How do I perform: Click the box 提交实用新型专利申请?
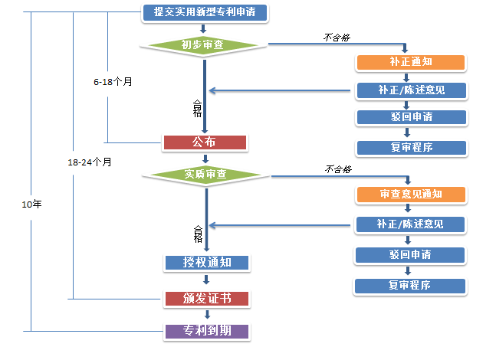pyautogui.click(x=205, y=12)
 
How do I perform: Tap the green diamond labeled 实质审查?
pyautogui.click(x=205, y=175)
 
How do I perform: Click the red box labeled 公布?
pyautogui.click(x=204, y=142)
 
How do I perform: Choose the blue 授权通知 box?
pyautogui.click(x=207, y=263)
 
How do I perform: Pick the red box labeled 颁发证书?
pyautogui.click(x=207, y=298)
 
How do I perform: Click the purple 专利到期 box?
pyautogui.click(x=207, y=332)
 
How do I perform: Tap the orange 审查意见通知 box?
pyautogui.click(x=410, y=194)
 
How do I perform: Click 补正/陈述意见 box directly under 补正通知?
pyautogui.click(x=410, y=90)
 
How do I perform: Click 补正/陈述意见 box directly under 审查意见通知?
pyautogui.click(x=410, y=224)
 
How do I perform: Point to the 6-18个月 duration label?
pyautogui.click(x=113, y=80)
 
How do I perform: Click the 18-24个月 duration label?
pyautogui.click(x=90, y=162)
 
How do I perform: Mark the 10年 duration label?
pyautogui.click(x=32, y=205)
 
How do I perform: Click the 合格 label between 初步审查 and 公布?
pyautogui.click(x=197, y=107)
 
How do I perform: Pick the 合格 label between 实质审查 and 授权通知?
pyautogui.click(x=198, y=233)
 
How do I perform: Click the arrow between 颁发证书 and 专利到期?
pyautogui.click(x=206, y=315)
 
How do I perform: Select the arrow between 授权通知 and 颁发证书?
pyautogui.click(x=206, y=280)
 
